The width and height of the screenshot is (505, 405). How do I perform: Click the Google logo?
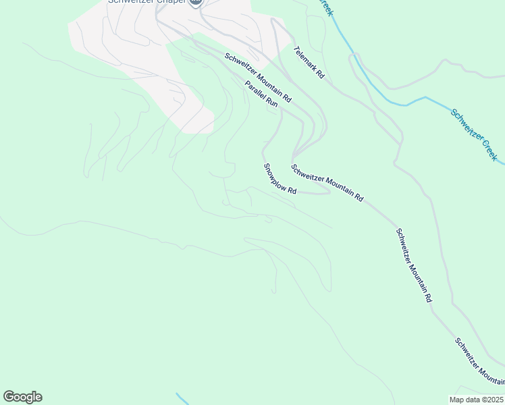[x=22, y=397]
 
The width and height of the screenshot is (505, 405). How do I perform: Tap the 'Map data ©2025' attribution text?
[x=476, y=400]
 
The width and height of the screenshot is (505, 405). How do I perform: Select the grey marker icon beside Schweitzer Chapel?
[x=196, y=3]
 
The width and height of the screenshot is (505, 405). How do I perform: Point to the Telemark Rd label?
[x=309, y=63]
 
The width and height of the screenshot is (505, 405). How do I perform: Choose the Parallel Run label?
[x=261, y=94]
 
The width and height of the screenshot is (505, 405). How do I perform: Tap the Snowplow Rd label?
[x=280, y=179]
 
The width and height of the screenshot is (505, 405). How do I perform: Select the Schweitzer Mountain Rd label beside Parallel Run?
[x=258, y=78]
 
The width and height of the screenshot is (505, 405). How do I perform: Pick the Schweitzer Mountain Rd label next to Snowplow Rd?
[x=327, y=182]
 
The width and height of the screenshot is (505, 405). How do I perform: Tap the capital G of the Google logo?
[x=9, y=397]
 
